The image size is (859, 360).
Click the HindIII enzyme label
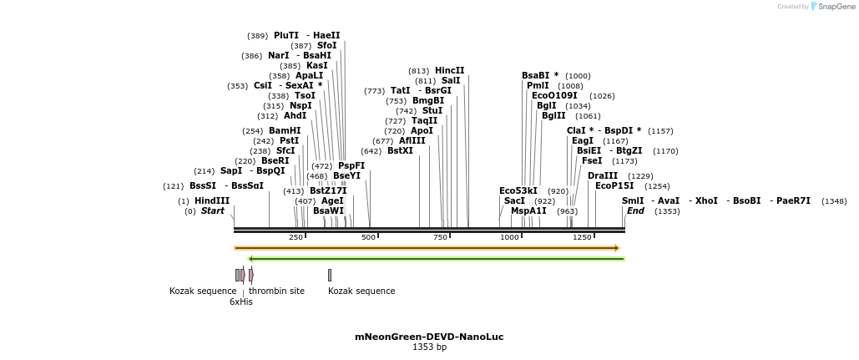[x=212, y=200]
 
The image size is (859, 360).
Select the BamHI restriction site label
[x=285, y=131]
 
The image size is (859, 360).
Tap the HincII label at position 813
[x=449, y=70]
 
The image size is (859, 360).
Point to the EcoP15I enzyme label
[x=614, y=185]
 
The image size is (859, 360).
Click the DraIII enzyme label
[x=603, y=175]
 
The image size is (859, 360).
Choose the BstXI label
[x=400, y=151]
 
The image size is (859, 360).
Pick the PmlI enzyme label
[x=538, y=85]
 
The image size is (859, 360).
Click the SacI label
[x=514, y=201]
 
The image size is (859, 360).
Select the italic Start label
[x=212, y=211]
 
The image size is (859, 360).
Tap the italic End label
[x=635, y=211]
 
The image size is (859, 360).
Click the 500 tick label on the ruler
[x=368, y=237]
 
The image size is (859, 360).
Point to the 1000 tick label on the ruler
[x=509, y=237]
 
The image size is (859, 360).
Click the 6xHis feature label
[x=240, y=302]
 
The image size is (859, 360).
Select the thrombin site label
[x=276, y=291]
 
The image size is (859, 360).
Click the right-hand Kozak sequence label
[x=361, y=291]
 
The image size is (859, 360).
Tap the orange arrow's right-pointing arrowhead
[x=616, y=248]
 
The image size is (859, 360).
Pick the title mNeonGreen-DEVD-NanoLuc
[x=429, y=337]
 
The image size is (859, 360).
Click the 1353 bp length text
[x=429, y=347]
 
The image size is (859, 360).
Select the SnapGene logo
[x=831, y=7]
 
